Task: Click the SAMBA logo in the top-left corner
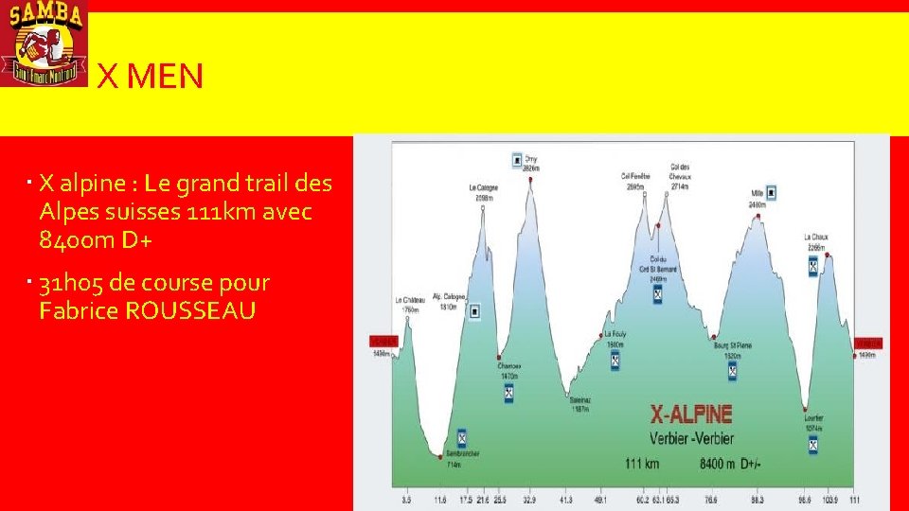click(x=44, y=43)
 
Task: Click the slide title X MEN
click(x=151, y=77)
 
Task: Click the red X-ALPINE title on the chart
click(x=691, y=414)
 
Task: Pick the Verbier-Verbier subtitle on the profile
click(x=691, y=438)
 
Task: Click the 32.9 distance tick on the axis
click(x=529, y=499)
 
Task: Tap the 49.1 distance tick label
click(x=600, y=499)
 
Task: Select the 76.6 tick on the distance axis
click(x=710, y=499)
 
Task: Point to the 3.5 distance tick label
click(x=407, y=499)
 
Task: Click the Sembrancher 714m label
click(x=462, y=458)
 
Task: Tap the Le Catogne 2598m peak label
click(x=483, y=192)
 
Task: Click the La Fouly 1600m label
click(x=615, y=338)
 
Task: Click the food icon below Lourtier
click(x=813, y=444)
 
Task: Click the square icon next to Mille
click(x=772, y=192)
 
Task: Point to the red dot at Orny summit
click(x=531, y=178)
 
